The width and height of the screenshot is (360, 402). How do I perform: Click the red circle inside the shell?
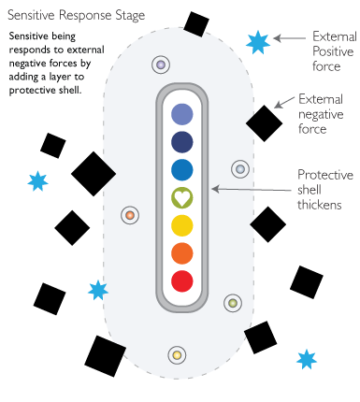pyautogui.click(x=182, y=280)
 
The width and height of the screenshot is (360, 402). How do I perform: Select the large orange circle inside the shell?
pyautogui.click(x=182, y=253)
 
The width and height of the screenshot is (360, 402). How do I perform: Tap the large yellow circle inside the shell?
pyautogui.click(x=182, y=225)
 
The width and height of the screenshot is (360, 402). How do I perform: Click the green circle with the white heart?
pyautogui.click(x=182, y=198)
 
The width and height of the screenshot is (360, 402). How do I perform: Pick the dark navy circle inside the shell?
pyautogui.click(x=182, y=142)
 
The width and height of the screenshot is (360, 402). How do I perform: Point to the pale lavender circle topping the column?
pyautogui.click(x=182, y=114)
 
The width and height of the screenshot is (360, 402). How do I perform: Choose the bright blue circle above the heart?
pyautogui.click(x=182, y=170)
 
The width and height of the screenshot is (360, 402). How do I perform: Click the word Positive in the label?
pyautogui.click(x=331, y=51)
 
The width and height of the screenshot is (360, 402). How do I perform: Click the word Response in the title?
pyautogui.click(x=80, y=16)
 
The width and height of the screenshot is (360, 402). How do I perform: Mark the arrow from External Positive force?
pyautogui.click(x=292, y=38)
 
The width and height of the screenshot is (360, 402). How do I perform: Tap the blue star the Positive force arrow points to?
pyautogui.click(x=257, y=41)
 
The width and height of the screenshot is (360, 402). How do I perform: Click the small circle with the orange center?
pyautogui.click(x=130, y=216)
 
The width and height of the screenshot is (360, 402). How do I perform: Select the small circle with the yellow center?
pyautogui.click(x=175, y=355)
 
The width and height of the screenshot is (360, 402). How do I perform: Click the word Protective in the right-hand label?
pyautogui.click(x=324, y=175)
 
